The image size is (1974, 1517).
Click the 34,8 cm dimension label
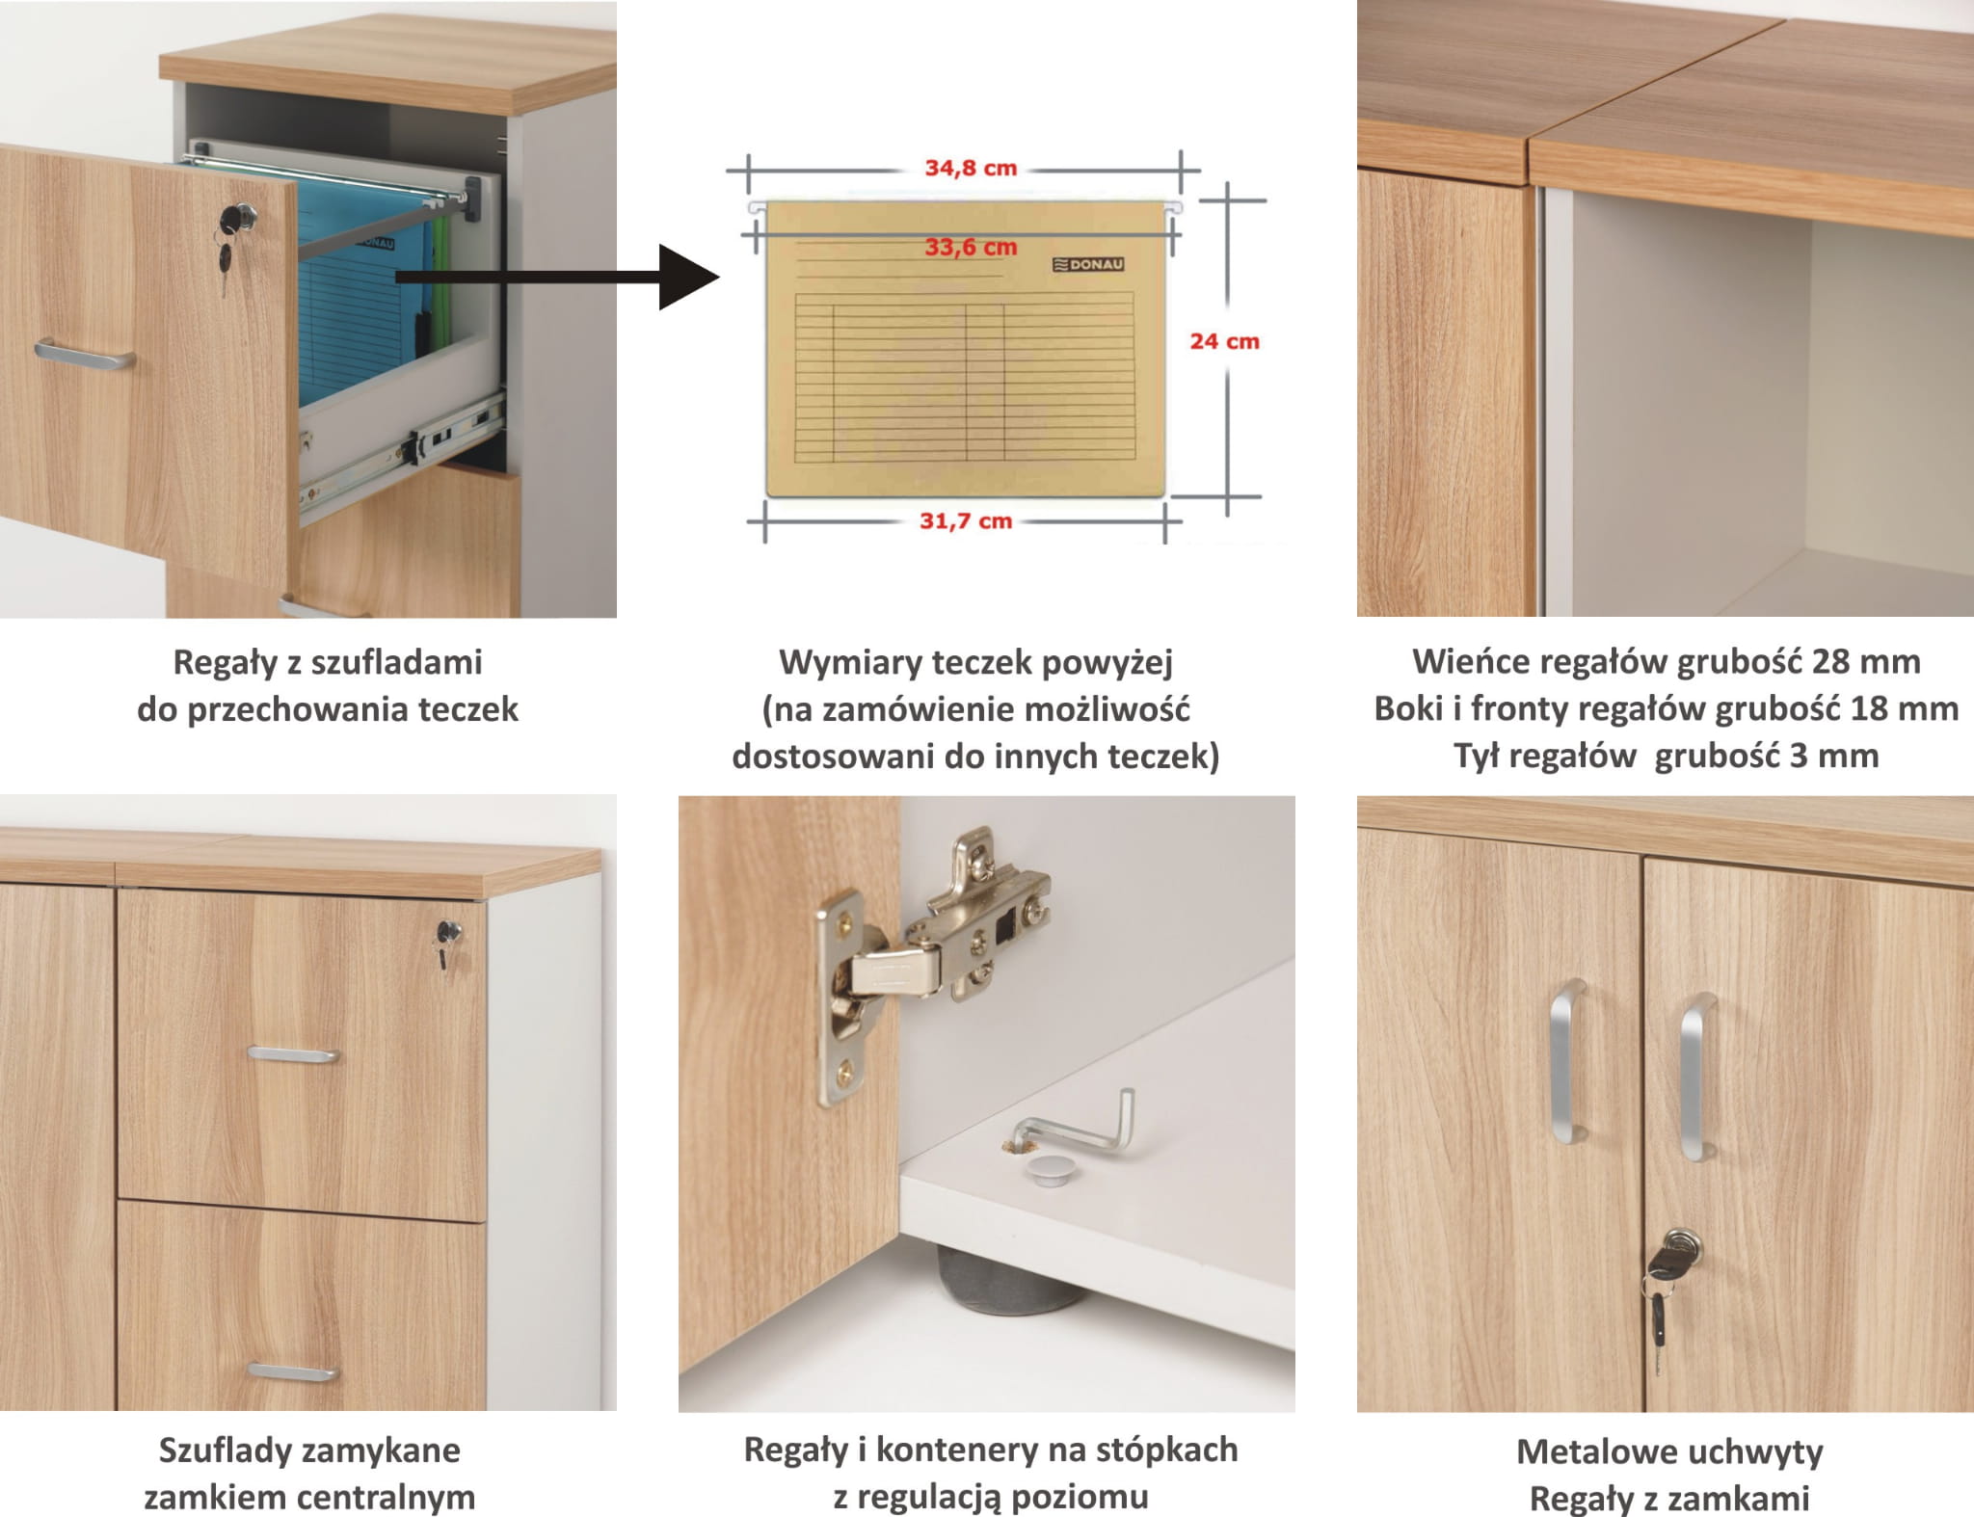pyautogui.click(x=971, y=168)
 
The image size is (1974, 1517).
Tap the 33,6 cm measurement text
pyautogui.click(x=971, y=248)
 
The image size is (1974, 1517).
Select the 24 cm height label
pyautogui.click(x=1224, y=341)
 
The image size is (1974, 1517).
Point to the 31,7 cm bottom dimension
pyautogui.click(x=966, y=521)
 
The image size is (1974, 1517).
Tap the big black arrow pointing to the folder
pyautogui.click(x=559, y=278)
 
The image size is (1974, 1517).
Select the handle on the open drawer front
pyautogui.click(x=84, y=354)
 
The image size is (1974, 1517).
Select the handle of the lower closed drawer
pyautogui.click(x=292, y=1371)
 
